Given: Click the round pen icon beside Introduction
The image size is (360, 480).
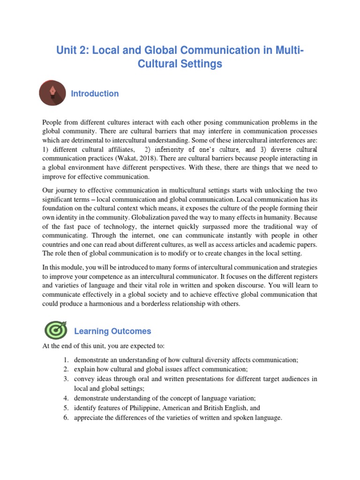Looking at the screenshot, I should click(x=52, y=94).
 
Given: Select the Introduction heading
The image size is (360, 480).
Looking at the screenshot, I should click(x=95, y=94).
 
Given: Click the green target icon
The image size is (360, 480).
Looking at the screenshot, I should click(x=56, y=330).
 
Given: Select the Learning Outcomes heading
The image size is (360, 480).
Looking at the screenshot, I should click(x=112, y=331).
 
